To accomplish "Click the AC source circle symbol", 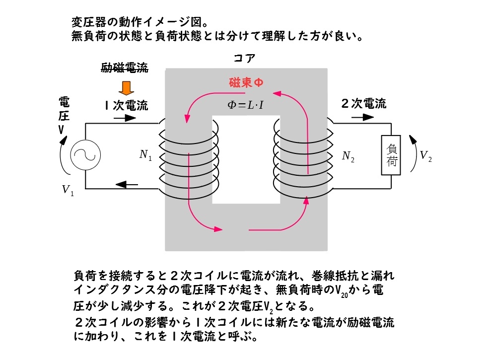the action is (85, 155).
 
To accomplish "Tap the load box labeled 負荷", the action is (391, 155).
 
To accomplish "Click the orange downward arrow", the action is (126, 88).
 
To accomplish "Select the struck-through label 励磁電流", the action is (125, 68).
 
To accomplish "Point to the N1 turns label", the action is (145, 155).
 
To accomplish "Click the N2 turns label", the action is (348, 156).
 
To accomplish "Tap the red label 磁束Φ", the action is (246, 82).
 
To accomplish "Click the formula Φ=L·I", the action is (245, 105).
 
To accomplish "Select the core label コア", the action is (244, 58).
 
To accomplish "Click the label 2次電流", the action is (363, 104).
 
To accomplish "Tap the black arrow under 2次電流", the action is (362, 117).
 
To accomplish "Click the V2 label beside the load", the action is (425, 155).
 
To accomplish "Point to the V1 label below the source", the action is (68, 190).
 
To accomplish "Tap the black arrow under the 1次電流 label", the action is (125, 118).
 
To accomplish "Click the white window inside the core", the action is (246, 160).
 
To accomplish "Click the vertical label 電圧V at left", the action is (64, 115).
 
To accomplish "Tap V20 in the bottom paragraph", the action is (341, 291).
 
